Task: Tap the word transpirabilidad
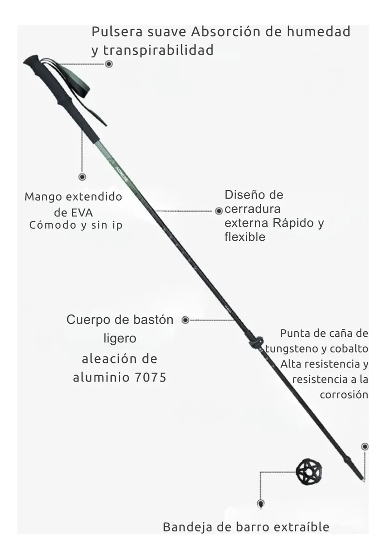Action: (x=158, y=50)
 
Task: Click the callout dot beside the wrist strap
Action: (x=108, y=64)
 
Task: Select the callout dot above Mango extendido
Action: (x=82, y=177)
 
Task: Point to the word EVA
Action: (x=82, y=213)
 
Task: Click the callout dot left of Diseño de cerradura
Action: (x=219, y=211)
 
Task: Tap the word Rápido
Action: (x=293, y=223)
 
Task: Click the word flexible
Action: (x=245, y=237)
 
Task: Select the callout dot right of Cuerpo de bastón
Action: (x=185, y=320)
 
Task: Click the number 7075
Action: (x=150, y=377)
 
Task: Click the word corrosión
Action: (x=344, y=395)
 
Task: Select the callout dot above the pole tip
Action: (x=365, y=446)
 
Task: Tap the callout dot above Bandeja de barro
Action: (x=261, y=504)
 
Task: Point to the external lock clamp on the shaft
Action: (x=257, y=343)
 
